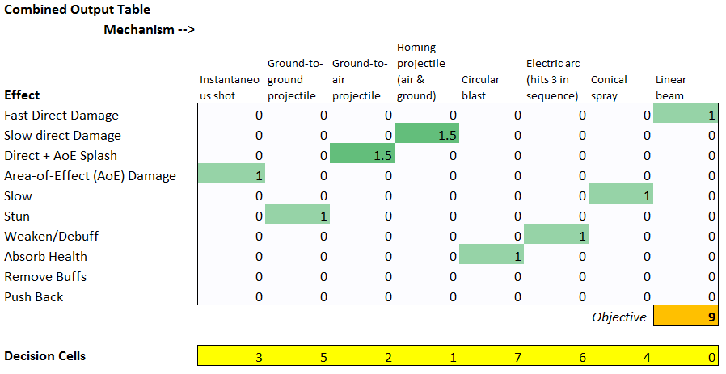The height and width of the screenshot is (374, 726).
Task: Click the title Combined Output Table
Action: point(78,10)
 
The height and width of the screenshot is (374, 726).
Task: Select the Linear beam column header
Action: point(670,87)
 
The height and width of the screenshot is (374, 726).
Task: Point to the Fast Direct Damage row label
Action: point(61,115)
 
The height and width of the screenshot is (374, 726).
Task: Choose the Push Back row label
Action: point(34,296)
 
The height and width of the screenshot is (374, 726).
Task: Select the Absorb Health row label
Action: point(46,256)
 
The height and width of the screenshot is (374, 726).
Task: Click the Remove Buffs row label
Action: point(45,276)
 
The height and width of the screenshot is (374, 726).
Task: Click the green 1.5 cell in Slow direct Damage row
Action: point(426,135)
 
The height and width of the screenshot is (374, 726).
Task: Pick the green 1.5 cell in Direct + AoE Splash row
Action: point(361,155)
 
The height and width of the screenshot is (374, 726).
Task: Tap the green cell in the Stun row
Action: point(297,216)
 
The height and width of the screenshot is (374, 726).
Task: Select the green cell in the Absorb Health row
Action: point(491,256)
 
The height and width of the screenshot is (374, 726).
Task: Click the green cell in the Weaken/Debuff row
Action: point(555,236)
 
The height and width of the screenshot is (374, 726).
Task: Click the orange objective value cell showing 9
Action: point(685,317)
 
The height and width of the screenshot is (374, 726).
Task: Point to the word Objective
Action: point(619,317)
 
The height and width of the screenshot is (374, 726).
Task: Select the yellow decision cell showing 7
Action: point(491,356)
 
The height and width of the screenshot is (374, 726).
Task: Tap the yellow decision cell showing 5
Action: point(297,356)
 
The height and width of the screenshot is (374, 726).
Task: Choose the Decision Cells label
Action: point(45,356)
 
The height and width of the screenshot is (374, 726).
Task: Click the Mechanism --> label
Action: point(150,30)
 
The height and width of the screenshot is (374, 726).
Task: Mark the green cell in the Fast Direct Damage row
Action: point(685,115)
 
